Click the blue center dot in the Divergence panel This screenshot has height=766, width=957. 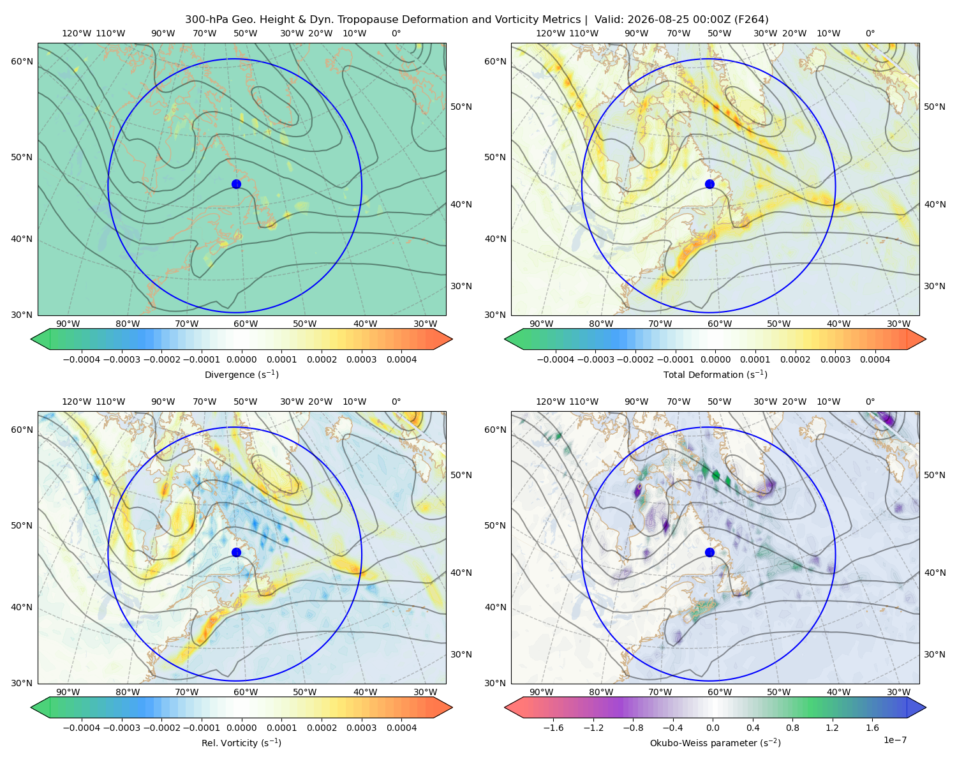point(236,184)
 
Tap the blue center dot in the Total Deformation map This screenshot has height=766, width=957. point(709,184)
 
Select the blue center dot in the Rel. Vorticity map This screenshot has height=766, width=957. point(236,552)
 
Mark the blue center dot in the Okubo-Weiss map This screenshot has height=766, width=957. point(709,552)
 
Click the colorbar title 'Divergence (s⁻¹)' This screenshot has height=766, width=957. point(241,374)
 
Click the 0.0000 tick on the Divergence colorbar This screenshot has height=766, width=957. point(241,359)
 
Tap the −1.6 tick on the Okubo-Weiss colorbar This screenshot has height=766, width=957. point(553,727)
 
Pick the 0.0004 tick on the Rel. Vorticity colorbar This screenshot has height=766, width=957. point(401,727)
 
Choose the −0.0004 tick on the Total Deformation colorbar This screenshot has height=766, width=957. point(556,359)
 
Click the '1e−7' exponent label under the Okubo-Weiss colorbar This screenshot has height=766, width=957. point(894,740)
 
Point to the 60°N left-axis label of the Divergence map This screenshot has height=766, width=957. point(22,61)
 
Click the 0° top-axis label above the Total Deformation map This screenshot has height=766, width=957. point(870,33)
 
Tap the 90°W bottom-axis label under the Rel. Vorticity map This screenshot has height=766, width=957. point(68,692)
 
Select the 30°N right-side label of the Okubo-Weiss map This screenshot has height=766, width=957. point(935,654)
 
